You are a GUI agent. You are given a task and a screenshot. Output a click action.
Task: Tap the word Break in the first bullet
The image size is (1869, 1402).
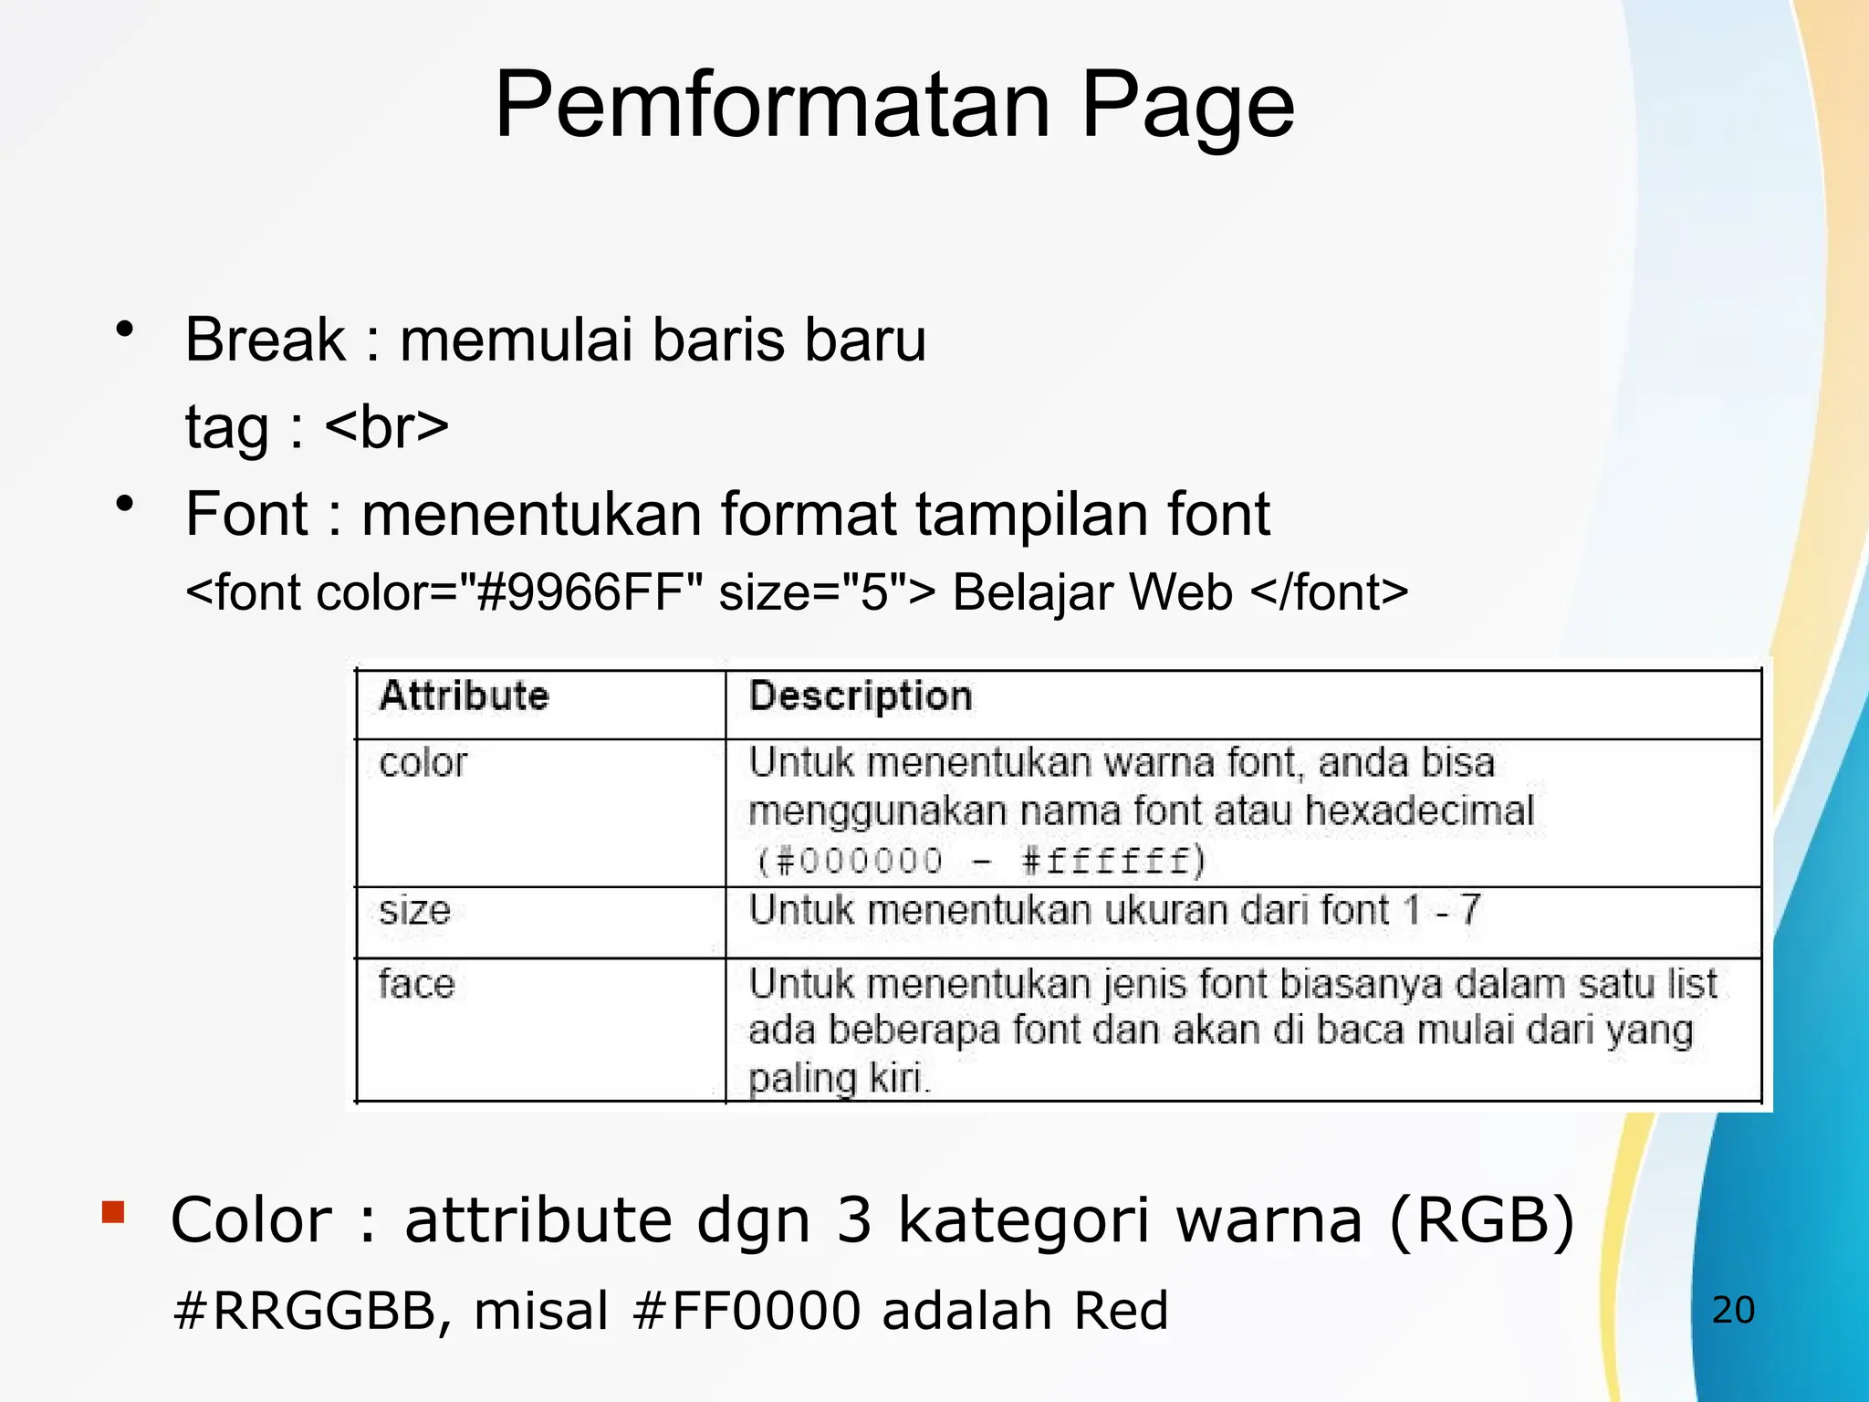265,340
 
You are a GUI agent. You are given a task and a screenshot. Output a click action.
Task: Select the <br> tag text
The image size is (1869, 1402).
386,426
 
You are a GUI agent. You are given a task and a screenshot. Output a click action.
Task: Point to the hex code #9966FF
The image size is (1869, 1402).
580,592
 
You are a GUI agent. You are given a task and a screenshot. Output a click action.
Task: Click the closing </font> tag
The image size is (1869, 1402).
1330,592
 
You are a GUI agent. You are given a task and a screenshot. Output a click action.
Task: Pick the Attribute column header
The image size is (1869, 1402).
464,696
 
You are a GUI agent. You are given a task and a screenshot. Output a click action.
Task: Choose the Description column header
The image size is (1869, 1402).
861,696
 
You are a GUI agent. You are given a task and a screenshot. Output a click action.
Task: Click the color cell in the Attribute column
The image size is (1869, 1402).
423,763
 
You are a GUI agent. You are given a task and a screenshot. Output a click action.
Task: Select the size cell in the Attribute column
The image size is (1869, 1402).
414,911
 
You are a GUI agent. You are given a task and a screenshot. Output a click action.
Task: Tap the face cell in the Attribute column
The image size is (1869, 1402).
416,984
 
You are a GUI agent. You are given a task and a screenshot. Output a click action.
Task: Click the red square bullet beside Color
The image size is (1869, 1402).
113,1212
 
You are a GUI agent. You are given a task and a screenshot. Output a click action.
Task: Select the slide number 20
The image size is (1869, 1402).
1733,1311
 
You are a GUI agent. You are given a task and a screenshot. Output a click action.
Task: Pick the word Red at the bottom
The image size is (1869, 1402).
1121,1311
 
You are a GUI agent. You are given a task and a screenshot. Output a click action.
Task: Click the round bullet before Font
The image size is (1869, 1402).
125,503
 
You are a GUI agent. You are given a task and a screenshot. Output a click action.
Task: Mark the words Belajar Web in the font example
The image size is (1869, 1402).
1092,592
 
